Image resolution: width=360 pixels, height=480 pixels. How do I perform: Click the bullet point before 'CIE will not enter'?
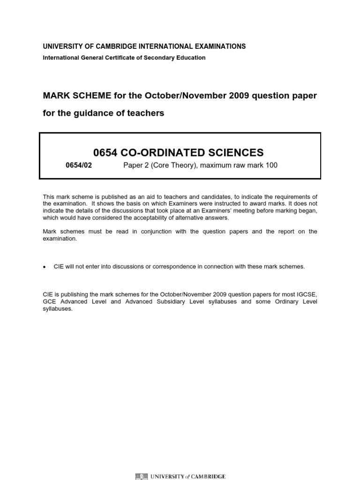[x=45, y=267]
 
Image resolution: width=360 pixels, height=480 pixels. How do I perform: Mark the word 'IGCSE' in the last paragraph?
[x=307, y=294]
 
